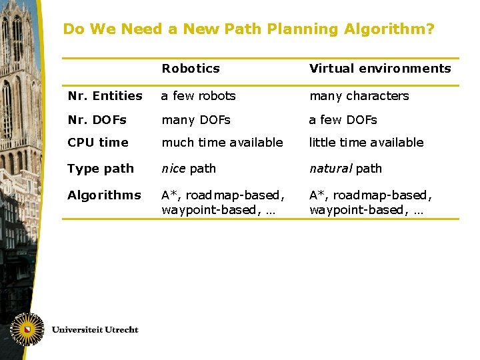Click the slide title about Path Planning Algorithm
248,29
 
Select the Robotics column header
191,69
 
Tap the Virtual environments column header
380,69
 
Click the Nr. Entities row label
105,96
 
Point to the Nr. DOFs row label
97,120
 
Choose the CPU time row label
98,143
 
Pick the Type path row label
101,169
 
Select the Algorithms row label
104,195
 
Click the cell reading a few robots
199,96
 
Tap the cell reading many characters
359,96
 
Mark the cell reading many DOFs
196,120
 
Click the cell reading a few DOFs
343,120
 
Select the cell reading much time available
223,143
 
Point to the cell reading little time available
367,143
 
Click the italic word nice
173,169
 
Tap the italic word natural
330,169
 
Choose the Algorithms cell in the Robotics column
222,203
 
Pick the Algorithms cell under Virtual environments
371,203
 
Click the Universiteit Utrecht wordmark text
95,330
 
